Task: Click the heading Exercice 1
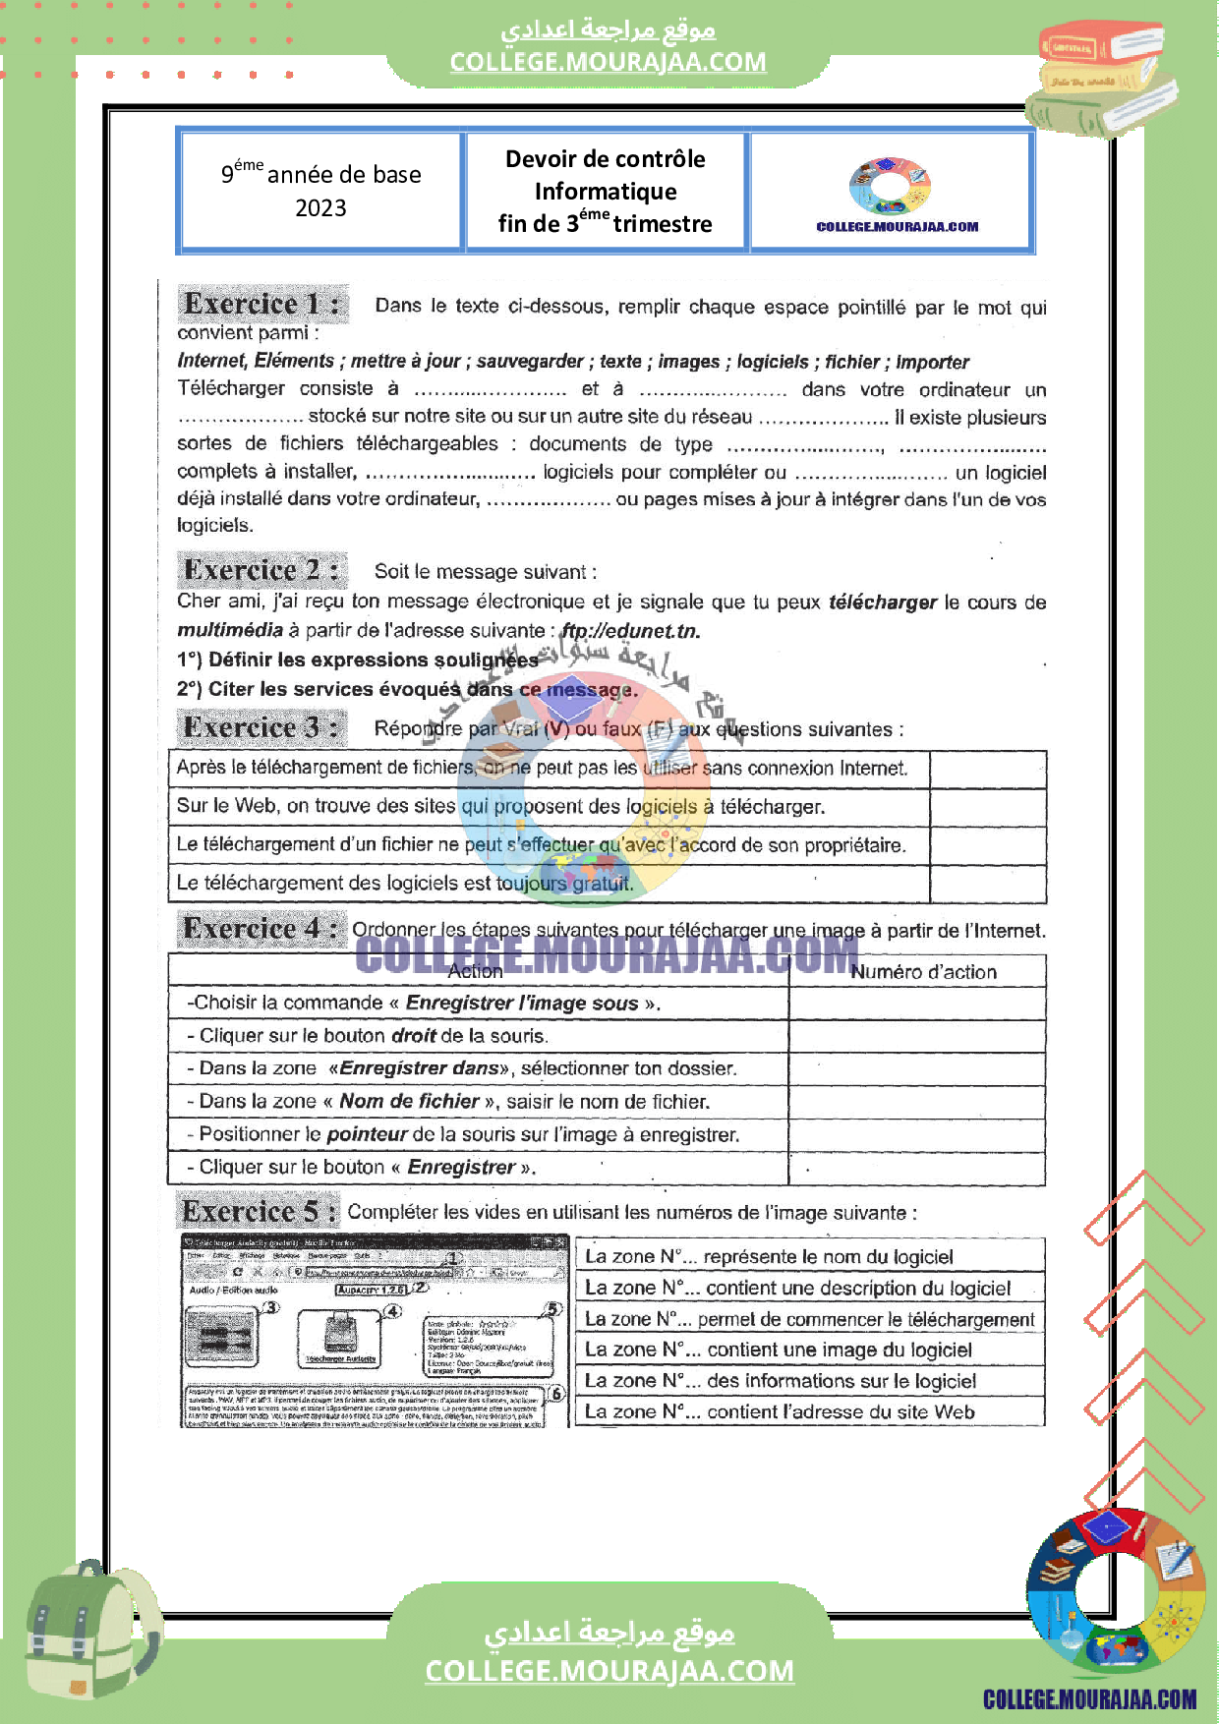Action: pos(261,304)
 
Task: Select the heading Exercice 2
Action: pos(261,570)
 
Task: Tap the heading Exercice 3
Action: pos(261,727)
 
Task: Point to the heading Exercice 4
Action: pos(261,928)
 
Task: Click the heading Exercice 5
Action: pos(259,1211)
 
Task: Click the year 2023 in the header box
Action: pos(320,208)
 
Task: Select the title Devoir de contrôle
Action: pos(605,159)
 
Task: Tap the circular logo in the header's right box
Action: pos(890,186)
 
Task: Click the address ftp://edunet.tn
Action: pos(630,631)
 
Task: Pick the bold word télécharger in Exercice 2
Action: pos(882,602)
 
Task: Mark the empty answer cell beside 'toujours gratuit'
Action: pos(987,884)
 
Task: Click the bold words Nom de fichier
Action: pos(409,1102)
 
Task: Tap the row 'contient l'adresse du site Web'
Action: pos(808,1412)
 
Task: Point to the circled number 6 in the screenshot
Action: pos(556,1394)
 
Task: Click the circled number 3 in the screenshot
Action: pos(271,1307)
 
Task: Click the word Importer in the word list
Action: pos(932,362)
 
